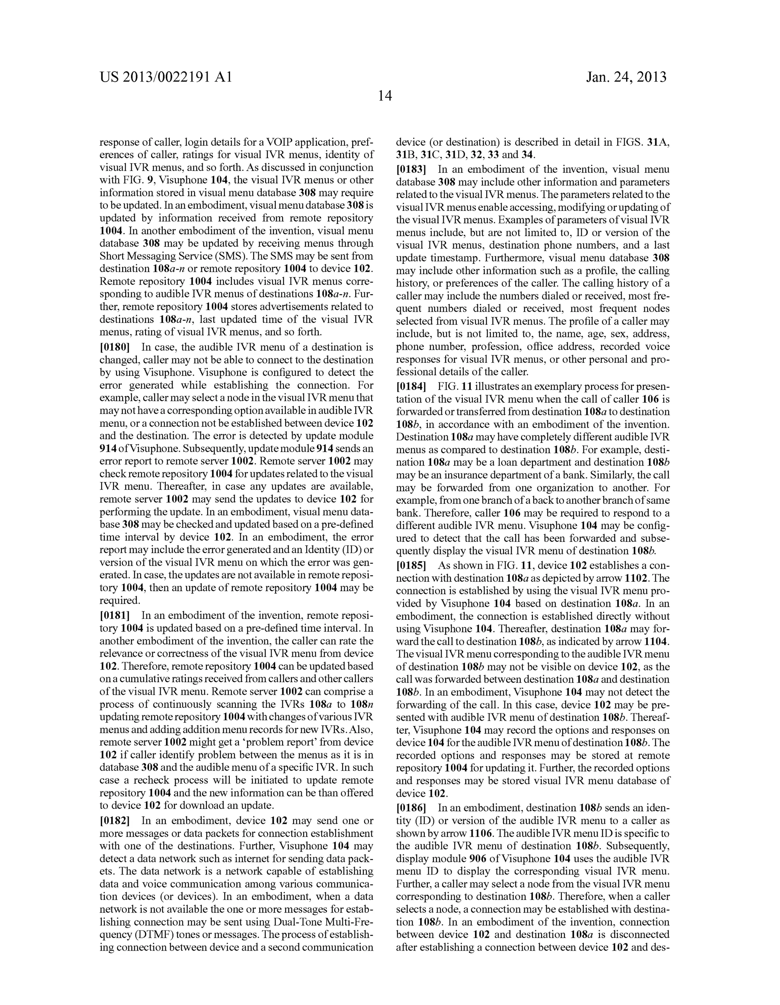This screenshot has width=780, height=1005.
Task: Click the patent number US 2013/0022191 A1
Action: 166,77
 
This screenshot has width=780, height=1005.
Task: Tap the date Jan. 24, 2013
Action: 626,77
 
